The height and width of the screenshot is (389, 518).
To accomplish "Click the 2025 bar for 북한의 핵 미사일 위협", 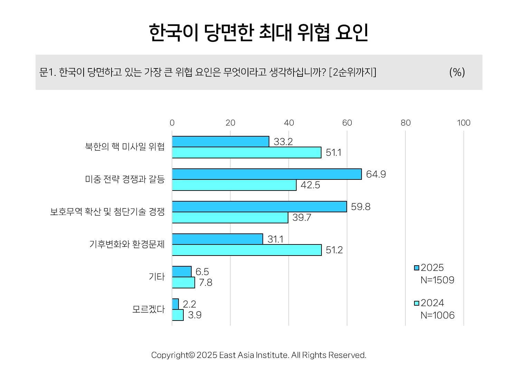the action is point(220,141).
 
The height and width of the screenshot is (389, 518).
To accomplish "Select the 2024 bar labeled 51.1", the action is point(247,152).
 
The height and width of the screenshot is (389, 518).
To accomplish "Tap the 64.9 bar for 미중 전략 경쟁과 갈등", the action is point(267,174).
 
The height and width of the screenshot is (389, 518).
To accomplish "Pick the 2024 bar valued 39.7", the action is point(230,217).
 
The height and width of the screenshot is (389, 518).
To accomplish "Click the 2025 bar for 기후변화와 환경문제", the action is point(217,239).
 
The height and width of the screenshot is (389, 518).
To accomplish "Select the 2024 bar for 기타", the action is point(183,283).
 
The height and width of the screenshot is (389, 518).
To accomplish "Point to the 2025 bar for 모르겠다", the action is point(175,304).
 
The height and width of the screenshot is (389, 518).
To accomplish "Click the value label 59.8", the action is point(361,207).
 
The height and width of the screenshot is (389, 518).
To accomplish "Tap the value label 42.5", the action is point(310,185).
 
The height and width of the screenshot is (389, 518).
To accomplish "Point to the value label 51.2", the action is point(334,250).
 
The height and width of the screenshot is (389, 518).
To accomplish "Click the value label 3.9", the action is point(195,315).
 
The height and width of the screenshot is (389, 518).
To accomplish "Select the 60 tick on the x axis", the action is point(347,123).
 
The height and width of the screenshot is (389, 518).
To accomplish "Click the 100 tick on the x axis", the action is point(464,123).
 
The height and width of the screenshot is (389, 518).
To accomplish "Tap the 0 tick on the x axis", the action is point(172,123).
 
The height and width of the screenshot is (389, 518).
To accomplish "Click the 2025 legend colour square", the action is point(416,268).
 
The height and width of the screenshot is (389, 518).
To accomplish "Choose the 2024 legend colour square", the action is point(416,303).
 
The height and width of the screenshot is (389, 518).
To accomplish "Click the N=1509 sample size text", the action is point(437,280).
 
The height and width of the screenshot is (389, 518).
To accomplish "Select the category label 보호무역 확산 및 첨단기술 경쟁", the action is point(107,212).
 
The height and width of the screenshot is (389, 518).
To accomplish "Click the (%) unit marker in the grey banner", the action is point(457,72).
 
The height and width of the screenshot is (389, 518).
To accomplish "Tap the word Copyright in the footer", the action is point(170,355).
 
